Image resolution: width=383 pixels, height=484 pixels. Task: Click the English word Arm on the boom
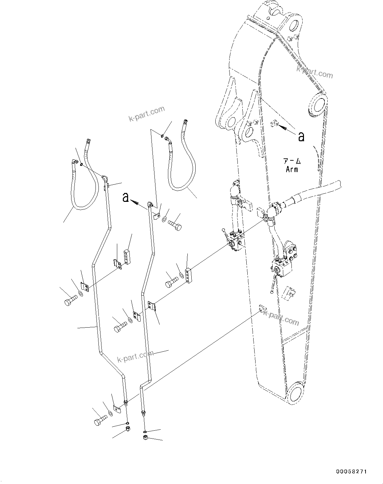click(292, 169)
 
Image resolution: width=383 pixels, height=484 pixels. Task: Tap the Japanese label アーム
click(292, 161)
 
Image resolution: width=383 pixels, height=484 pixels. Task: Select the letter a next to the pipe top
click(125, 198)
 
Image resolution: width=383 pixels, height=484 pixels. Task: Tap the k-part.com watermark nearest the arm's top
click(315, 72)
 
